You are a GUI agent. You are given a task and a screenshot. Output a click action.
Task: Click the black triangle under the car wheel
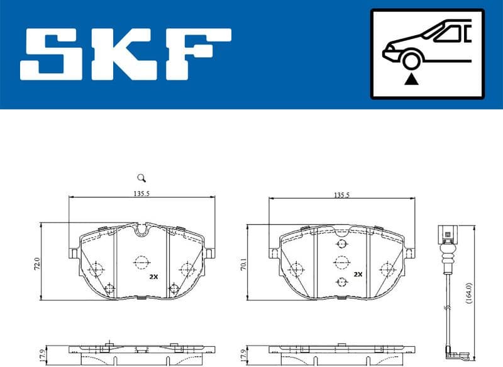(x=412, y=79)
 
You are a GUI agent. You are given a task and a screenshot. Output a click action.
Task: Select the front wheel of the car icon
(x=412, y=61)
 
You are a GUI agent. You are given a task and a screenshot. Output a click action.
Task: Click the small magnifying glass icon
(x=141, y=178)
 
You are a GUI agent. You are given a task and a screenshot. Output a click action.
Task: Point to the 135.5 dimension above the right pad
(x=342, y=195)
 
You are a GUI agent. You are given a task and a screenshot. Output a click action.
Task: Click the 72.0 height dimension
(x=36, y=263)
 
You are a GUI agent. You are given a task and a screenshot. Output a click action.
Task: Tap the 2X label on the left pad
(x=153, y=277)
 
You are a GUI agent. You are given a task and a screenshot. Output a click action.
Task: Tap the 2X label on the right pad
(x=358, y=275)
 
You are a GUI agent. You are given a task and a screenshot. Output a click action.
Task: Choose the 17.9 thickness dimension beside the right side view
(x=243, y=355)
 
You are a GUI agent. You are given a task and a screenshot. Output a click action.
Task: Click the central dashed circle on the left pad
(x=141, y=261)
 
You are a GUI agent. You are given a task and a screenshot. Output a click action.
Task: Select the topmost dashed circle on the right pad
(x=341, y=244)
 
